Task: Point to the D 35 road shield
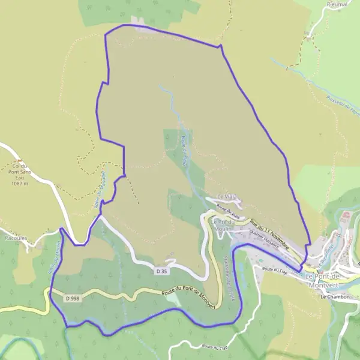tap(161, 271)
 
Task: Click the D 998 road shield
tap(73, 298)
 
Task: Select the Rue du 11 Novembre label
tap(269, 234)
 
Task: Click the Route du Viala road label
tap(228, 211)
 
